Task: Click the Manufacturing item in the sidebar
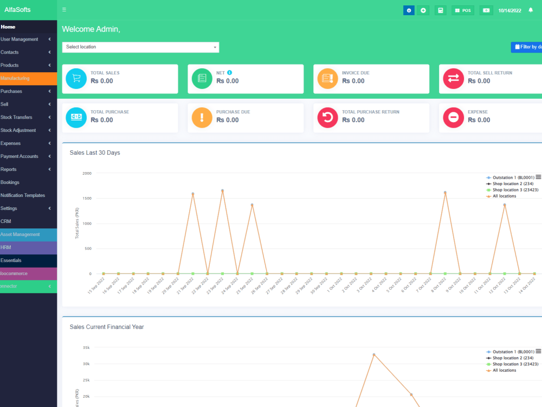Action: (x=15, y=78)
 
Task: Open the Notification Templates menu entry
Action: (x=23, y=195)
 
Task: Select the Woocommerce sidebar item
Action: (x=14, y=274)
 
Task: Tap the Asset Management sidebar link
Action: (x=20, y=234)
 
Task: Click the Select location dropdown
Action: (x=140, y=47)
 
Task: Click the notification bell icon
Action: (x=531, y=10)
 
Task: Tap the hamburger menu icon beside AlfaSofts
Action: (x=64, y=10)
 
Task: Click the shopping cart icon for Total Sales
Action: (x=76, y=78)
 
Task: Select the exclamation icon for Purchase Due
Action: (x=202, y=117)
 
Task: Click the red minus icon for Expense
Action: (x=454, y=117)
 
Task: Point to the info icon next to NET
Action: (x=230, y=73)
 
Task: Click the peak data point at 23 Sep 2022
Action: (x=222, y=190)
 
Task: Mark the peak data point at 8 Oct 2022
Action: (x=445, y=193)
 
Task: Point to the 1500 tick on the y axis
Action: (x=87, y=199)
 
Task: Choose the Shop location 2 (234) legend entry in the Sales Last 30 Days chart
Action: (x=512, y=184)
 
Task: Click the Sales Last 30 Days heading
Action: (x=95, y=153)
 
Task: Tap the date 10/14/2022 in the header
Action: (x=509, y=10)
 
